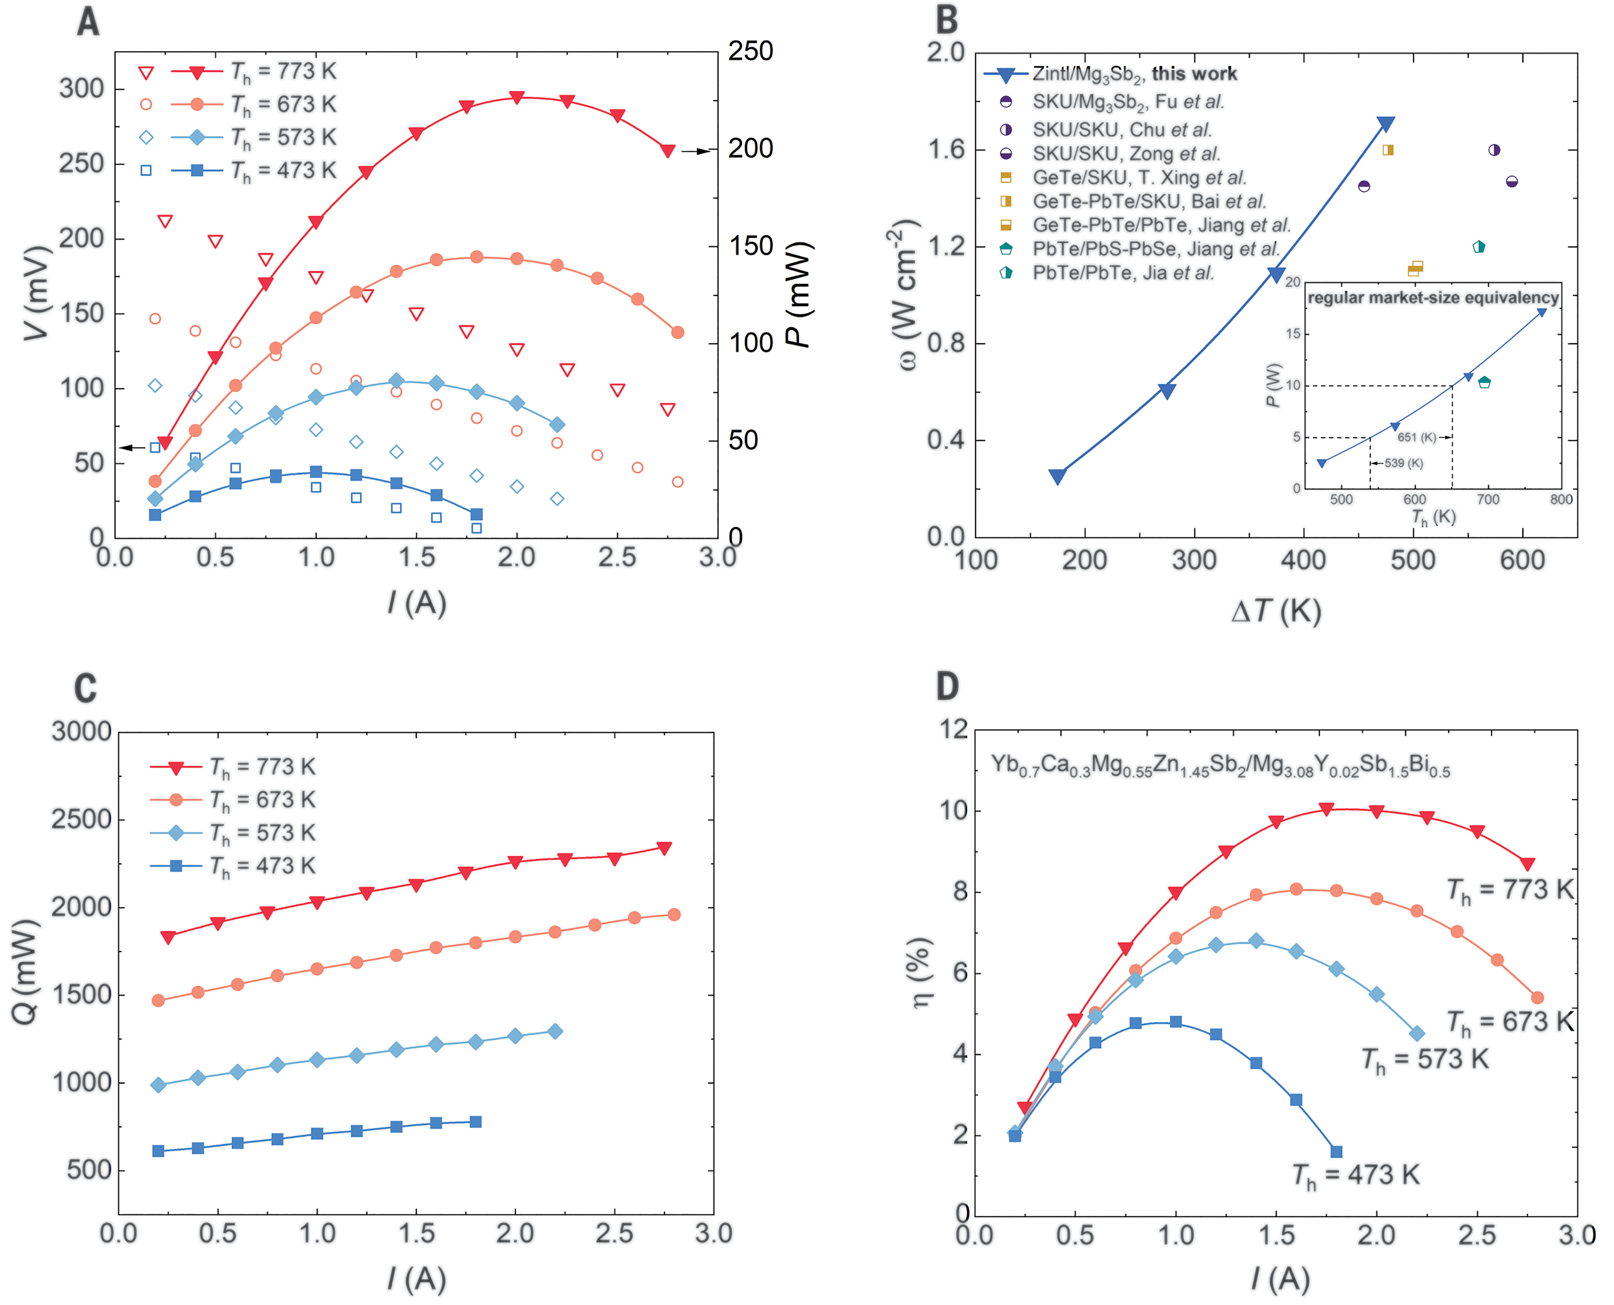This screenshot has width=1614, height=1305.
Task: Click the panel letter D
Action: point(947,686)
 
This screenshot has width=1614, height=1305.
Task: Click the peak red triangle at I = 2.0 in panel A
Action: point(517,98)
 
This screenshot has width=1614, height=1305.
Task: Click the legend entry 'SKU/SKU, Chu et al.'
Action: point(1120,130)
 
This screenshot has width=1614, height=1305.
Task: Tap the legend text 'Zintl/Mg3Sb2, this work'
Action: point(1134,74)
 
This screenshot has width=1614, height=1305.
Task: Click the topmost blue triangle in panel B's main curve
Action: point(1385,124)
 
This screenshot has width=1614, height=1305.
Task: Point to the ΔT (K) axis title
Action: point(1276,610)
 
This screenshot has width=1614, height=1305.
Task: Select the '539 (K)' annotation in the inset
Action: point(1403,463)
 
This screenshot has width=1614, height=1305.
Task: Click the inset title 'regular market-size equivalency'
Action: point(1433,298)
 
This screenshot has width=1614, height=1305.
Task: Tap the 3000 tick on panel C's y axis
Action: point(81,731)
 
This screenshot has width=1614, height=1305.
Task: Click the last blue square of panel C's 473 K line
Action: point(476,1121)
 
